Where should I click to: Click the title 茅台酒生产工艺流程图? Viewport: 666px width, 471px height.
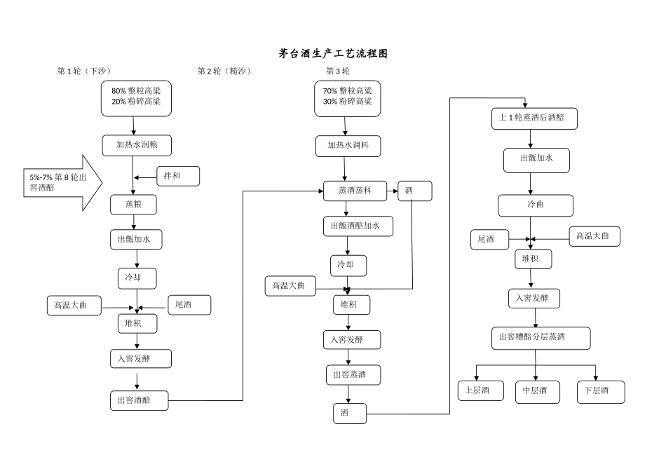click(333, 53)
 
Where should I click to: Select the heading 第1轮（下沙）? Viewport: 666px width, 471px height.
click(84, 71)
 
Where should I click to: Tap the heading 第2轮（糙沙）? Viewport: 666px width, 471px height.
click(224, 71)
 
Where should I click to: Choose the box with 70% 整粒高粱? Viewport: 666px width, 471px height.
click(348, 97)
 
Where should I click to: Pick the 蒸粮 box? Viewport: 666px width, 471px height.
click(133, 205)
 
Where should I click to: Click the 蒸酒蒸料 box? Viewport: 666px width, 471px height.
click(355, 191)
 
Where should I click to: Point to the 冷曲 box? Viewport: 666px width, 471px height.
click(536, 205)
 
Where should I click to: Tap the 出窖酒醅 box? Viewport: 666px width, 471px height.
click(139, 400)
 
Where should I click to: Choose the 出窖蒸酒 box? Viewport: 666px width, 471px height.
click(353, 375)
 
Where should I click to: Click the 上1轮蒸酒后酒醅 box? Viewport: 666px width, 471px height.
click(535, 118)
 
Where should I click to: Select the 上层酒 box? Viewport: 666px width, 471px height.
click(481, 390)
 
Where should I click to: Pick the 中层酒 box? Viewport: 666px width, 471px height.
click(537, 391)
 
